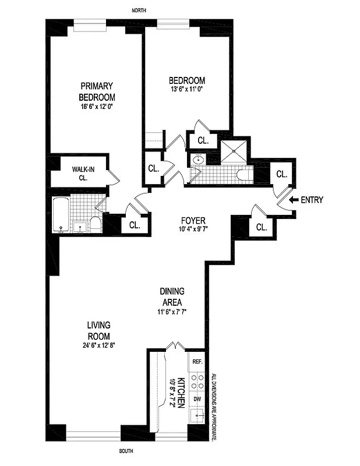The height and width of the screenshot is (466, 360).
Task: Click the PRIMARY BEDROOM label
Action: tap(97, 91)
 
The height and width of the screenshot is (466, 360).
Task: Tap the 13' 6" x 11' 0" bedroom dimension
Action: tap(186, 90)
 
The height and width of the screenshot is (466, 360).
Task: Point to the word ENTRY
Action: tap(312, 200)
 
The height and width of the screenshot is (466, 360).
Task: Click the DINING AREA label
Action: tap(172, 297)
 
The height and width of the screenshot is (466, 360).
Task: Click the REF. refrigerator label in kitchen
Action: tap(197, 362)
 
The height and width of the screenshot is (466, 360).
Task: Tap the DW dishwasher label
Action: tap(197, 399)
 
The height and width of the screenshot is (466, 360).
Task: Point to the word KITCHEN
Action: tap(181, 391)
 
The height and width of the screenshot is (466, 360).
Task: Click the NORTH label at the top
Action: tap(139, 11)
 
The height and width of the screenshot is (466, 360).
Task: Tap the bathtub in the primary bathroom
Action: tap(60, 215)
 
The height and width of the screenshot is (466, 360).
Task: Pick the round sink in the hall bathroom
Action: tap(198, 159)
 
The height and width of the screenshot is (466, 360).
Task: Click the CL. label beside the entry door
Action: tap(281, 174)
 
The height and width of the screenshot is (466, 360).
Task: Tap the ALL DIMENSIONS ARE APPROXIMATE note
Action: tap(214, 406)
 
